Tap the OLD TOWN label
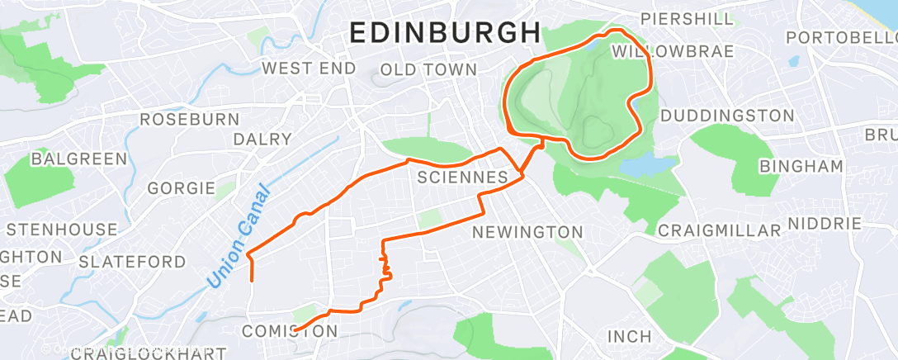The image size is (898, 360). [428, 69]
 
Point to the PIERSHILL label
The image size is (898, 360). [687, 18]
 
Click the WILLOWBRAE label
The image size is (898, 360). [673, 52]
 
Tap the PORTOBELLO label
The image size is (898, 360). [840, 38]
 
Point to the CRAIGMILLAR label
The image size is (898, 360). [720, 230]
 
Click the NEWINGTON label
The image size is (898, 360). [527, 233]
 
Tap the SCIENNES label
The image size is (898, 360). [462, 178]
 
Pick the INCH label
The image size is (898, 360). [629, 337]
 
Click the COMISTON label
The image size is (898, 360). [290, 331]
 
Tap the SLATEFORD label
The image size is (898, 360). [132, 262]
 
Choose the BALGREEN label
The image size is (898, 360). [79, 159]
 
